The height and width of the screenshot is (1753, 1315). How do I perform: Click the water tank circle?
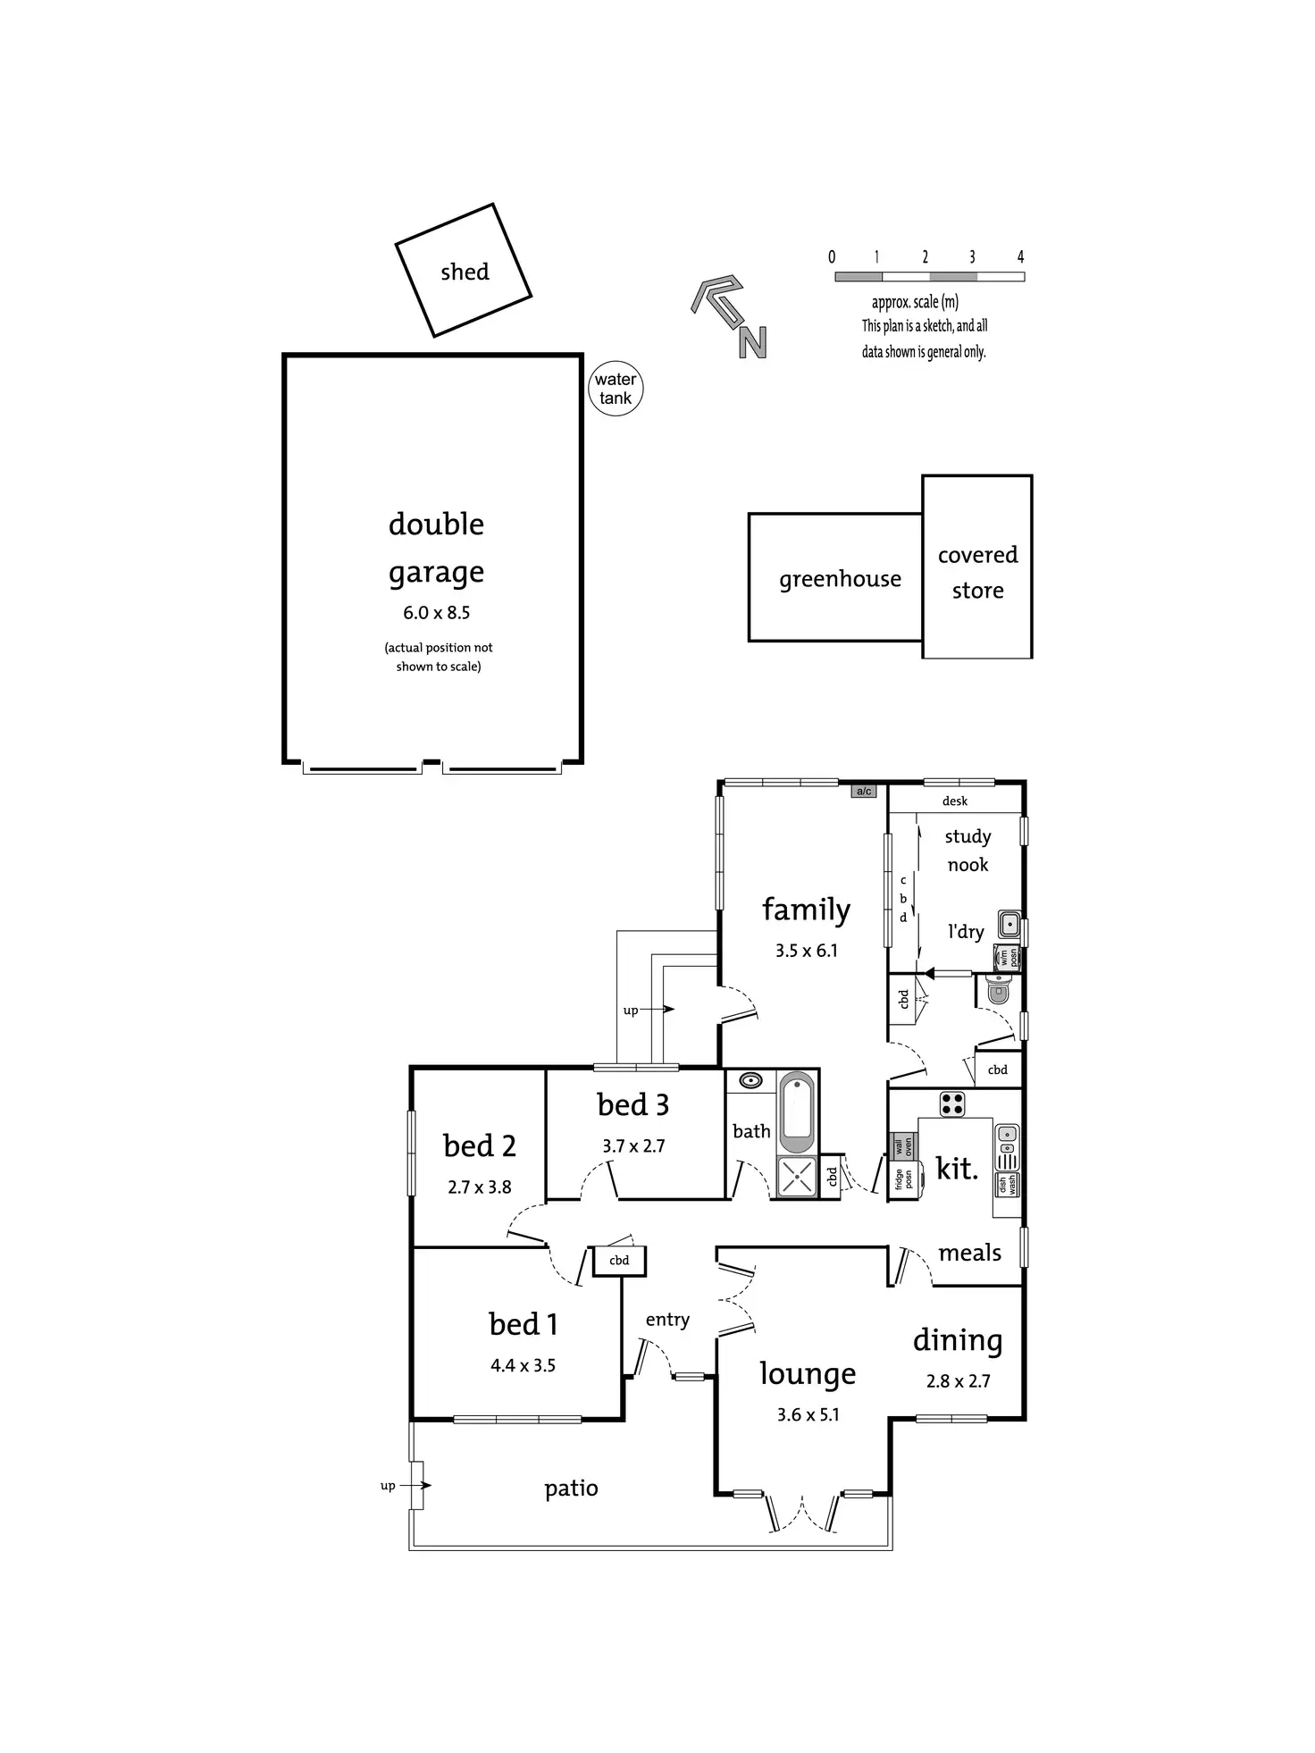click(616, 389)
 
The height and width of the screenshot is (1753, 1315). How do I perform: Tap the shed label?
click(465, 272)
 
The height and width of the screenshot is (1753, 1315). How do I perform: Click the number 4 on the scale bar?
click(1020, 257)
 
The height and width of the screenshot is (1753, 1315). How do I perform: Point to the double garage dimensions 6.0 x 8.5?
click(436, 613)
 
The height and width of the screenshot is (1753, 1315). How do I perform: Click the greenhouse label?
click(840, 579)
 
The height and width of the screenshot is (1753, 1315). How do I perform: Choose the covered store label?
click(977, 572)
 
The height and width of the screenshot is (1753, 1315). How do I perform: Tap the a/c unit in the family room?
click(863, 791)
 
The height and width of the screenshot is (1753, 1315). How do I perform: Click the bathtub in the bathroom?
click(797, 1113)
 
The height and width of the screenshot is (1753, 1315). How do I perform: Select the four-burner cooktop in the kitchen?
click(952, 1104)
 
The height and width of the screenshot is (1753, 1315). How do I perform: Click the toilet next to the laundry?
click(999, 988)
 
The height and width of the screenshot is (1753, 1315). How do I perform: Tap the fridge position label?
click(903, 1179)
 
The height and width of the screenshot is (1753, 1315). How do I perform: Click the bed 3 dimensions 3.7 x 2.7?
click(633, 1146)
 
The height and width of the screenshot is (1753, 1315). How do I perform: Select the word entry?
click(667, 1320)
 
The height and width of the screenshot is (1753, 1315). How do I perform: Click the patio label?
click(571, 1489)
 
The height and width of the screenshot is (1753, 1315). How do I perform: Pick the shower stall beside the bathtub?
click(797, 1177)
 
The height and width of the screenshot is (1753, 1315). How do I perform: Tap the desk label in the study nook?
click(954, 801)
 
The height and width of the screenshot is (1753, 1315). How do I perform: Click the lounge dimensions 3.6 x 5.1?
click(808, 1415)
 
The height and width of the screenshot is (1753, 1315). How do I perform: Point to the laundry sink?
click(1009, 924)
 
